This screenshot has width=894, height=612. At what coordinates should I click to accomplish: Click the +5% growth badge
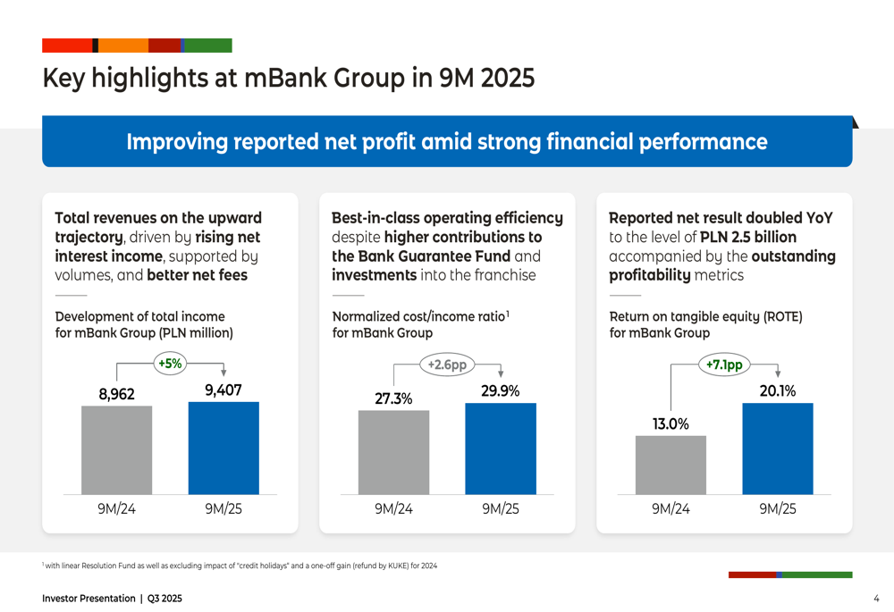169,363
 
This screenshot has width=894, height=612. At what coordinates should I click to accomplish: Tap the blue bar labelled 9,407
223,448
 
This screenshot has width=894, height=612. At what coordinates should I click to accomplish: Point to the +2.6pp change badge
447,365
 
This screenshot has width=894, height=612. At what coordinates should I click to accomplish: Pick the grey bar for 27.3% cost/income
393,452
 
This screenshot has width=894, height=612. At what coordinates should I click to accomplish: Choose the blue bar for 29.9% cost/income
501,449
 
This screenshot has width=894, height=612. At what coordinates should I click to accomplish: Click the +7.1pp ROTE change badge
724,365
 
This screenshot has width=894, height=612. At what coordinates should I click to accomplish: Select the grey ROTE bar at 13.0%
670,465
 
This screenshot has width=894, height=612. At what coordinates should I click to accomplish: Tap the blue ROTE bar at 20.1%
778,449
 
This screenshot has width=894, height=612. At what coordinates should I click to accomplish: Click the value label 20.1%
778,391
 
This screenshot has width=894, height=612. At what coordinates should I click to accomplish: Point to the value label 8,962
116,394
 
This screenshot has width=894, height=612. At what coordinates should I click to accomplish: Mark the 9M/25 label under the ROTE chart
778,509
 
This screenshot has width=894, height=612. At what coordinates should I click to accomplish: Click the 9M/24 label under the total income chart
116,509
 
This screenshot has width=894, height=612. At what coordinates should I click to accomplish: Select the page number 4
876,598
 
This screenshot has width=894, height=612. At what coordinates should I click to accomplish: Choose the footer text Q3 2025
164,598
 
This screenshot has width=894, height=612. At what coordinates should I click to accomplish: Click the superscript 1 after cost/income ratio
508,313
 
